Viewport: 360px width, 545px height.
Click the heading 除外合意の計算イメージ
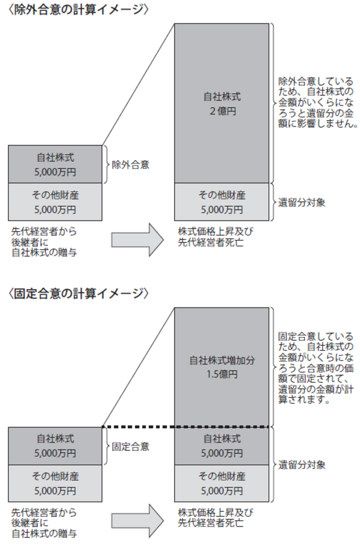[x=79, y=10]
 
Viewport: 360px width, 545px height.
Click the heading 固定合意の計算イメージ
[x=79, y=293]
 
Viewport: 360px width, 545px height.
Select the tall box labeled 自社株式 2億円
[x=221, y=103]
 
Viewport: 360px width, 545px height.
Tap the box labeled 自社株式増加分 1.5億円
[x=221, y=366]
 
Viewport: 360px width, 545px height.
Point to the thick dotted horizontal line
[x=185, y=426]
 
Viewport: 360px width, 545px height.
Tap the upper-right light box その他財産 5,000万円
[x=221, y=202]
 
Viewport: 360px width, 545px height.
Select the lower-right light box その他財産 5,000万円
[x=221, y=484]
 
